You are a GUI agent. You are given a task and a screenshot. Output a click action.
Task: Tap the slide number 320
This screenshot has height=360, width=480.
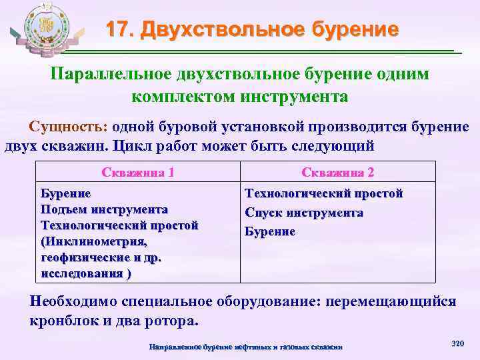tap(457, 343)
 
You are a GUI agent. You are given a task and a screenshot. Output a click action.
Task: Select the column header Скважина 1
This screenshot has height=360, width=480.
tap(138, 172)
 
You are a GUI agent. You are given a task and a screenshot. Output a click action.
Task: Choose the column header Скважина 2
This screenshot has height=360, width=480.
tap(337, 172)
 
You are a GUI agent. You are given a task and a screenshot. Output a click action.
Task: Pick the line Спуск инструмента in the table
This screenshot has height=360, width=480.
tap(304, 213)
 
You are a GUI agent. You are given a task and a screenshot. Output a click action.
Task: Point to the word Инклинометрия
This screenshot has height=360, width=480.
tap(86, 242)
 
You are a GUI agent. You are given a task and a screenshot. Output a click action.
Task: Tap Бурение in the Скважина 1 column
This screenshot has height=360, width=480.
tap(65, 194)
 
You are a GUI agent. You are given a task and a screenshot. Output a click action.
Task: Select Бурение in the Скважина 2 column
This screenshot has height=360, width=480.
tap(270, 231)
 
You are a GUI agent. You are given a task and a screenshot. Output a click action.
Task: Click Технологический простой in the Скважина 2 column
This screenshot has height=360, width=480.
tap(324, 194)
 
